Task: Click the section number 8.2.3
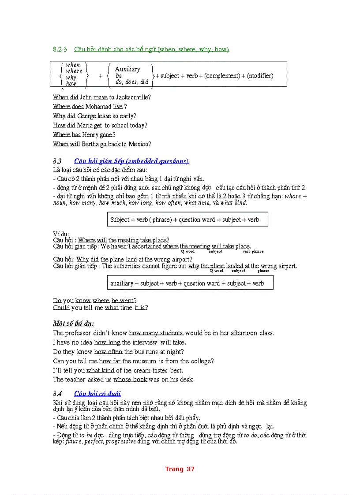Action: tap(60, 49)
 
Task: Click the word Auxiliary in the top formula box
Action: tap(127, 69)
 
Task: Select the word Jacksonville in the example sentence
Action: tap(132, 97)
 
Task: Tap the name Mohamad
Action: tap(98, 107)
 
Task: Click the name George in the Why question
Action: tap(87, 116)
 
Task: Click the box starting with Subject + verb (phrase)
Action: tap(187, 220)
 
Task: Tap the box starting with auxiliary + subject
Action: tap(190, 283)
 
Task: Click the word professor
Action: tap(84, 333)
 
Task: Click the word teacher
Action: tap(75, 380)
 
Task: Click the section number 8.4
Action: tap(57, 394)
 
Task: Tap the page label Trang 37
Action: tap(180, 469)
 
